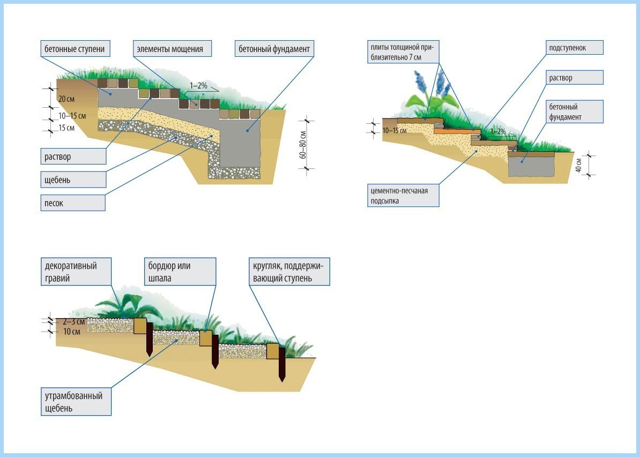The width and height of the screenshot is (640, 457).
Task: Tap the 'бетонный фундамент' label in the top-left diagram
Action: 274,49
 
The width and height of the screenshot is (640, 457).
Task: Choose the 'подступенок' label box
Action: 573,48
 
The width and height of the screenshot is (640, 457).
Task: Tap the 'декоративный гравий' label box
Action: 77,272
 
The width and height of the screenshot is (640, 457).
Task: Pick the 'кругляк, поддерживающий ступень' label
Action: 289,272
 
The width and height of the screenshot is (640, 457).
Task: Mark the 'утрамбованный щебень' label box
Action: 77,402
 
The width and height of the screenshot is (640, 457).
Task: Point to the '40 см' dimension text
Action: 579,165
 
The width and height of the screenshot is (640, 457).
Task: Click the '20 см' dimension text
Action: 66,99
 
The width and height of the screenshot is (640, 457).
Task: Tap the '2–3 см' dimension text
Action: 72,322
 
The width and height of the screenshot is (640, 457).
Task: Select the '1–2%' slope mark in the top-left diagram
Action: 198,86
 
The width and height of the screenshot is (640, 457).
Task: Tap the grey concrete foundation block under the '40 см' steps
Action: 531,166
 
